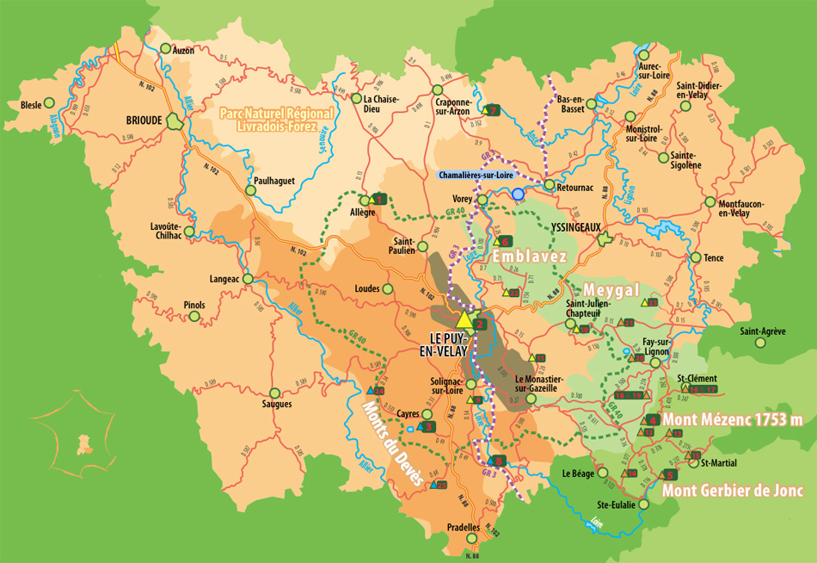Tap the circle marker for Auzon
point(166,50)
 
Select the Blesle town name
point(31,105)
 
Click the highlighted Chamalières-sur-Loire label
point(476,175)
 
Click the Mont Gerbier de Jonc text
point(733,491)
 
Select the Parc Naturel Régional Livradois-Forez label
point(267,120)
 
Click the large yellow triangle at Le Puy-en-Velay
point(464,321)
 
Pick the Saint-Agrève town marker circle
point(760,343)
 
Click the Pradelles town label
point(464,527)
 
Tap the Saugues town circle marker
point(274,392)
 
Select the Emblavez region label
point(528,257)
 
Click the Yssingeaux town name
point(570,230)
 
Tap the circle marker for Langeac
point(248,279)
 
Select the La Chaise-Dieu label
point(380,105)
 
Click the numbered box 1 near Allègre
point(379,199)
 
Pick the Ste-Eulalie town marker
point(642,504)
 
